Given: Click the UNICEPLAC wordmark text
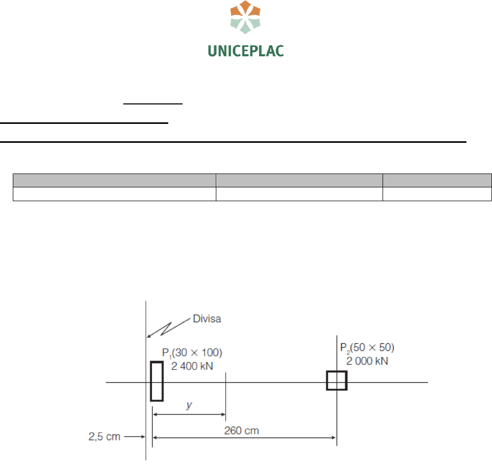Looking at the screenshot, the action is (245, 51).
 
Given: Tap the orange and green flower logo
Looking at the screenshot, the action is (245, 17).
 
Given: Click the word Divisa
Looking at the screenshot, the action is (207, 319).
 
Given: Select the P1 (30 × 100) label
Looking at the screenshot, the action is (192, 353).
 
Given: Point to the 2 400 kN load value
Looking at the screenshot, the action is (192, 366).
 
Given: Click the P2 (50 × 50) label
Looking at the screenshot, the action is (367, 348).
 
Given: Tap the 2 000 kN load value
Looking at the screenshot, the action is (367, 361).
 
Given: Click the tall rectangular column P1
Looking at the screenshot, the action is (151, 381).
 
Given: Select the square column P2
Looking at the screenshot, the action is (327, 381).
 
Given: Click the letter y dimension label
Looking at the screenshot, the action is (189, 405).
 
